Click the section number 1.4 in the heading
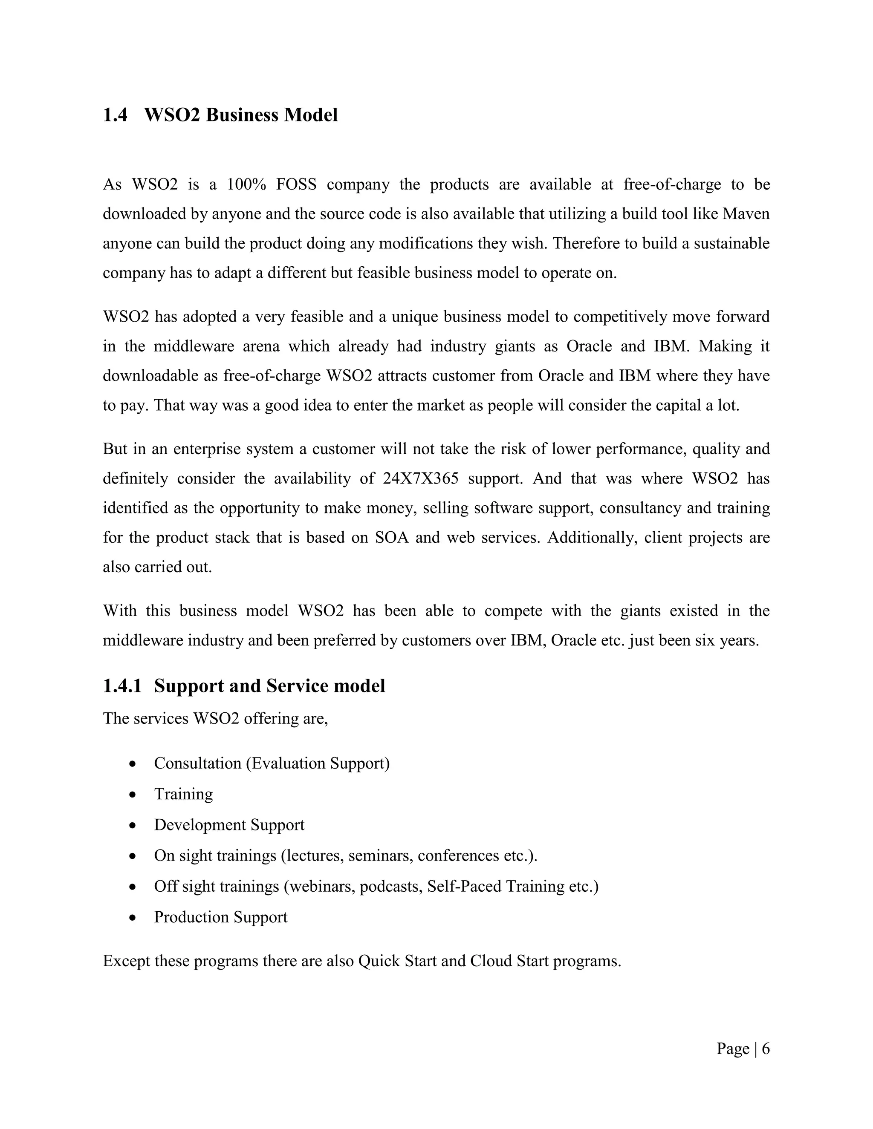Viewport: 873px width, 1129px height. [x=115, y=115]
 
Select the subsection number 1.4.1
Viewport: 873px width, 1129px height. [x=122, y=686]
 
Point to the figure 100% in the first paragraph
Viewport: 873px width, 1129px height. [x=246, y=184]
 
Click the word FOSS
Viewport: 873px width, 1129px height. [x=296, y=184]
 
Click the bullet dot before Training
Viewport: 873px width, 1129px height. [x=133, y=795]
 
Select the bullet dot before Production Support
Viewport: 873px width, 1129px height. [x=133, y=918]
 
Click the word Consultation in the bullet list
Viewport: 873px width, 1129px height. [x=197, y=763]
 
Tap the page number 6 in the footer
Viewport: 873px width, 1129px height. [x=766, y=1049]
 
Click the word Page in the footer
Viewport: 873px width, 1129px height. [x=732, y=1049]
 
